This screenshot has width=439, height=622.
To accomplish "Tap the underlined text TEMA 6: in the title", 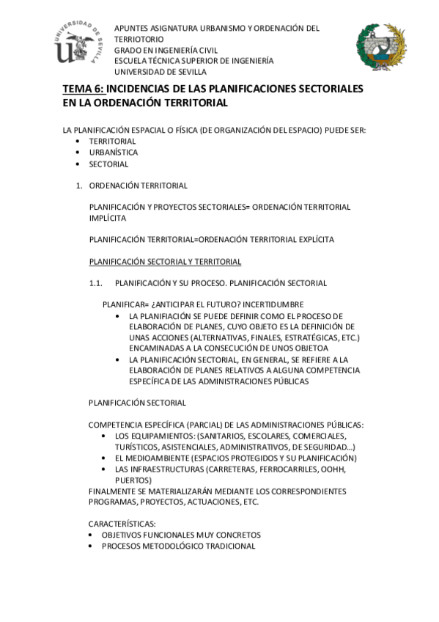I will pyautogui.click(x=84, y=89).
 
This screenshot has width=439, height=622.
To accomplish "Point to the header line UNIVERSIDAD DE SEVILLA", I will pyautogui.click(x=160, y=72).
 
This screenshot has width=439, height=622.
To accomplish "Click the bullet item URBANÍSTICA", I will pyautogui.click(x=114, y=153).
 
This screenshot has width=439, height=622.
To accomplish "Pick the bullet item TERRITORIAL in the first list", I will pyautogui.click(x=113, y=141).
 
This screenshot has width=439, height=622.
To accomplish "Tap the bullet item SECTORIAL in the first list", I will pyautogui.click(x=108, y=164).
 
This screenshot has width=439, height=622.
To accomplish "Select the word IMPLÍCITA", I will pyautogui.click(x=107, y=218).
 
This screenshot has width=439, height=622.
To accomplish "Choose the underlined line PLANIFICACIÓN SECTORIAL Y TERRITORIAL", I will pyautogui.click(x=165, y=261).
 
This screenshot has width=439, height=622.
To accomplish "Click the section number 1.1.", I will pyautogui.click(x=97, y=282).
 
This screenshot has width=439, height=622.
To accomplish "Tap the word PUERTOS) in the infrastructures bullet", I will pyautogui.click(x=134, y=480).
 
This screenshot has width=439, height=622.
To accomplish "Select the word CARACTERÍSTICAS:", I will pyautogui.click(x=122, y=524).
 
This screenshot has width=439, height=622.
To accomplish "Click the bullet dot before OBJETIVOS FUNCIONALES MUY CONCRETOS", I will pyautogui.click(x=89, y=535).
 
